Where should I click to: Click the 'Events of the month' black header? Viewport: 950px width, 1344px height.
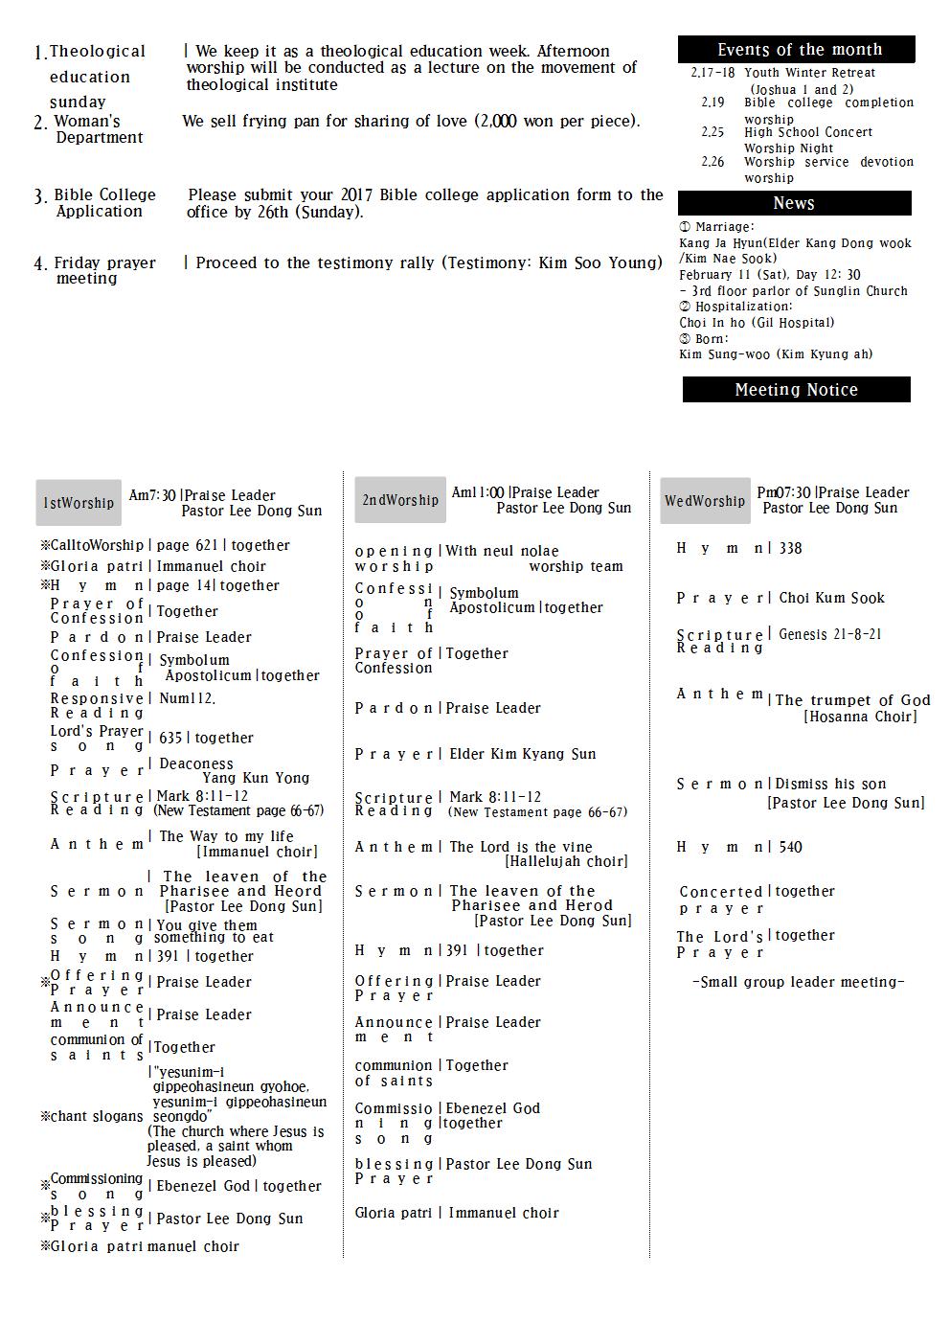(796, 50)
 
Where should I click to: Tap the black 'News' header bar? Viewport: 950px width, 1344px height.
(794, 203)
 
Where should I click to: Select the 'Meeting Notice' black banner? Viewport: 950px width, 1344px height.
(796, 390)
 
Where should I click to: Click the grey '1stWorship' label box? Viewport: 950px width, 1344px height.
(79, 503)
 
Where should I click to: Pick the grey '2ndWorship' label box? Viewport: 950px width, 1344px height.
(400, 500)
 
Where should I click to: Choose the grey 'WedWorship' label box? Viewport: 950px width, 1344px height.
(704, 501)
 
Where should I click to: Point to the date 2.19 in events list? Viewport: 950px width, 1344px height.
(712, 103)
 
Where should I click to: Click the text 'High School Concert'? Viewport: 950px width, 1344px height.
(808, 132)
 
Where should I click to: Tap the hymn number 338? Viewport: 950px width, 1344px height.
(790, 548)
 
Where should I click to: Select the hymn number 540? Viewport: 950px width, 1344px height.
(790, 847)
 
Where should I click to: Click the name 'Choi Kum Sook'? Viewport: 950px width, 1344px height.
(831, 598)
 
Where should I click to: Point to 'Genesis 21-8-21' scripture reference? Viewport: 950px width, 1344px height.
(829, 634)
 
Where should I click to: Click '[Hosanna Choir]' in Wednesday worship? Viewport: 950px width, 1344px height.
(860, 717)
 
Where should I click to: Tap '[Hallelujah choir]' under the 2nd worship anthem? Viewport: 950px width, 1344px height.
(566, 861)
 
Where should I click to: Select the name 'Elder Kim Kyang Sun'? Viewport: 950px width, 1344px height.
(522, 754)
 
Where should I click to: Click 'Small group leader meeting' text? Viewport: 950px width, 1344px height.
(798, 982)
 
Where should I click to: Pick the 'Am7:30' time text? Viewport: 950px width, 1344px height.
(152, 495)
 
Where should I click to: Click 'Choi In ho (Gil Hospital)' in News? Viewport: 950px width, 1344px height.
(757, 323)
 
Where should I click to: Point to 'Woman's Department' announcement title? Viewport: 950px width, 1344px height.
(98, 129)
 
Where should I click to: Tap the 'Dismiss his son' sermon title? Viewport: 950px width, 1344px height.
(830, 784)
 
